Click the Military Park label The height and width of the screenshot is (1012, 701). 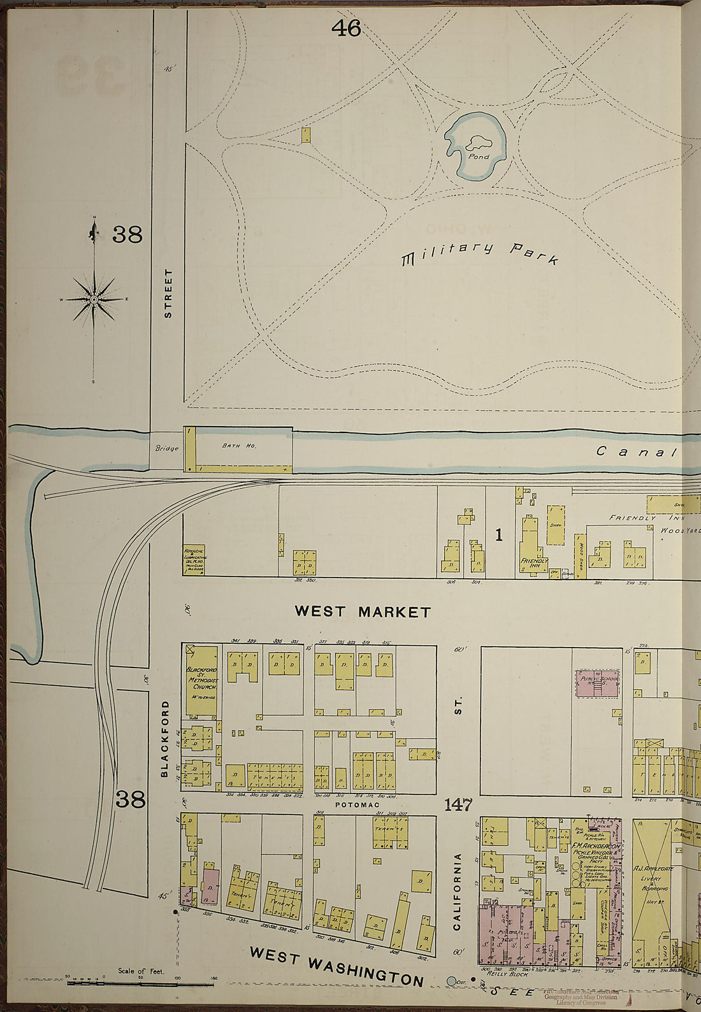tap(480, 253)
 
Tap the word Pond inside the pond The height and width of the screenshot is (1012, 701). tap(478, 156)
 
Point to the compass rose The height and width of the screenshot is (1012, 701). tap(94, 299)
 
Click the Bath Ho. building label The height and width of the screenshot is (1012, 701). tap(240, 446)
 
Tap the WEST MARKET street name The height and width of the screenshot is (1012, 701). tap(362, 612)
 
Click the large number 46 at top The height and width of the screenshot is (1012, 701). tap(346, 27)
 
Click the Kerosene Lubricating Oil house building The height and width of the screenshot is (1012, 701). tap(194, 560)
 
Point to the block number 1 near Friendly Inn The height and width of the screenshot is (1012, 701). tap(498, 536)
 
